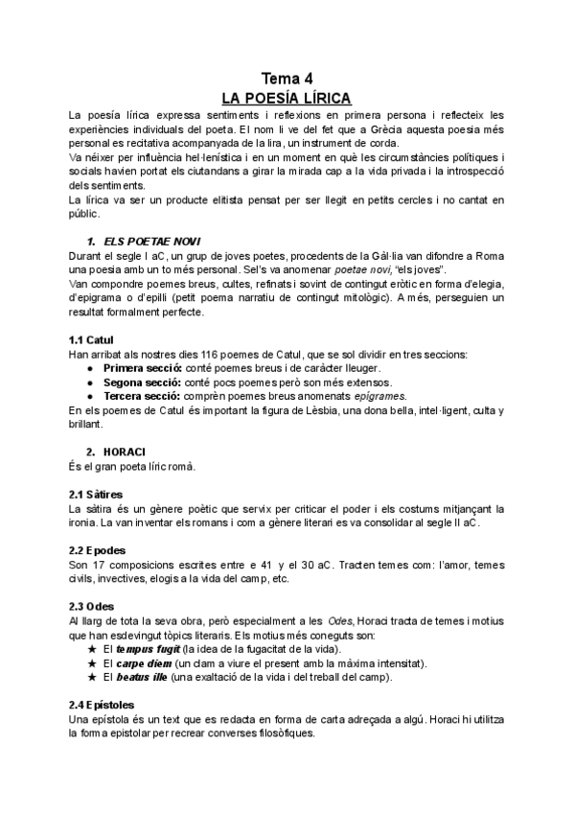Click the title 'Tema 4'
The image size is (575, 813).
click(287, 79)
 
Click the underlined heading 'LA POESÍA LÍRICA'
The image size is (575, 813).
click(287, 98)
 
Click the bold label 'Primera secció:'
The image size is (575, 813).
click(146, 368)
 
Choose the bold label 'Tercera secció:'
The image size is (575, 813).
click(145, 396)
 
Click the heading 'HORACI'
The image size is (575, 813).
click(126, 452)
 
